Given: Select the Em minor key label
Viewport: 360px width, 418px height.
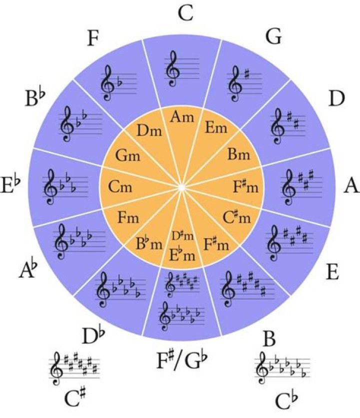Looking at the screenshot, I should [216, 128].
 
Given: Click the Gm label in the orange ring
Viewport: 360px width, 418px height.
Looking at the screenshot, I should [129, 155].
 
